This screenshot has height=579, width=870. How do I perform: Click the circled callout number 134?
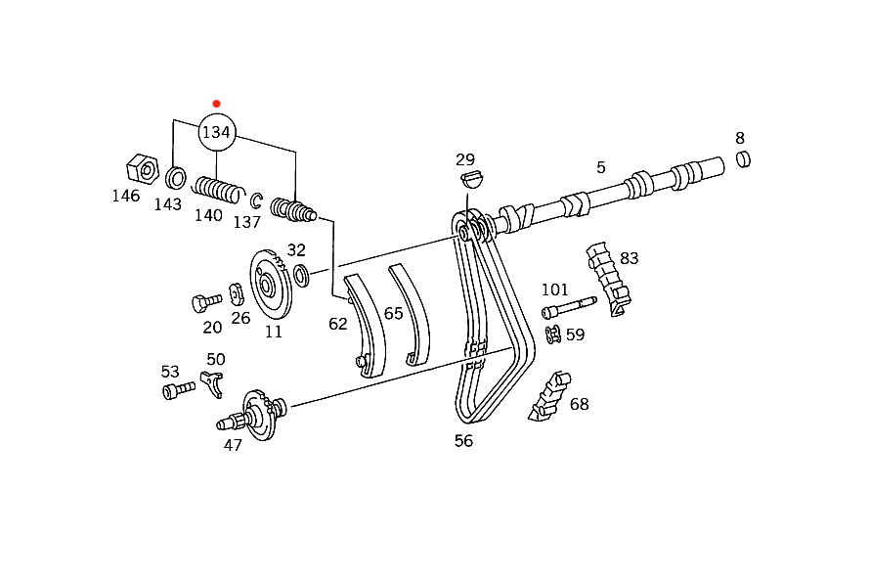click(217, 132)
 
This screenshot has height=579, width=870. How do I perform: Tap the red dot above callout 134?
click(216, 104)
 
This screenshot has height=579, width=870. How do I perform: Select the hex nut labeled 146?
click(143, 168)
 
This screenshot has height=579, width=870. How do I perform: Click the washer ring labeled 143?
click(176, 178)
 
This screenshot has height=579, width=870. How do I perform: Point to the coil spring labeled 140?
click(218, 190)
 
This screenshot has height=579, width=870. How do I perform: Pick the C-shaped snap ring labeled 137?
click(256, 200)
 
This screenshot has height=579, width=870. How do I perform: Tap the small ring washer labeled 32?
click(301, 276)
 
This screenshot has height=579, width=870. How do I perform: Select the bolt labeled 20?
click(206, 302)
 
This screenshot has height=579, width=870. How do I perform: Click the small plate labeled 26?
click(237, 294)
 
